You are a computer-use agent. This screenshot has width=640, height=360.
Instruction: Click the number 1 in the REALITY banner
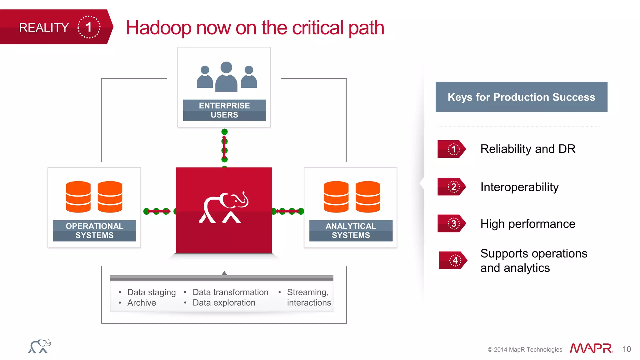tap(89, 27)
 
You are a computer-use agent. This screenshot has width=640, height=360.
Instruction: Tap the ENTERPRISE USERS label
tap(224, 110)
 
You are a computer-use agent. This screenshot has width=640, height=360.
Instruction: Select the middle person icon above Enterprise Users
tap(226, 77)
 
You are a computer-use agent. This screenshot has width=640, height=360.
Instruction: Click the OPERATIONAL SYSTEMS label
tap(94, 231)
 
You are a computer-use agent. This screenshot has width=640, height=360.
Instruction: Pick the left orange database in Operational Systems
tap(78, 197)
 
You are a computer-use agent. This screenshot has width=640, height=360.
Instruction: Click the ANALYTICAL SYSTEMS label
tap(351, 231)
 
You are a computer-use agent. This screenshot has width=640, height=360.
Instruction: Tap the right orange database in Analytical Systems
tap(368, 197)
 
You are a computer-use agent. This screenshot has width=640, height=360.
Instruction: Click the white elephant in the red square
tap(224, 208)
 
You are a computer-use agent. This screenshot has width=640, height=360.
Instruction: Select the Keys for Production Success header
tap(521, 97)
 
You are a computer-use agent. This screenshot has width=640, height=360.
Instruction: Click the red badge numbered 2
tap(452, 187)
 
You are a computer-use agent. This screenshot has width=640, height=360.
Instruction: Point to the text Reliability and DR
tap(527, 149)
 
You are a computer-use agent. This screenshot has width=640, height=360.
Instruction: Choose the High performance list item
tap(527, 224)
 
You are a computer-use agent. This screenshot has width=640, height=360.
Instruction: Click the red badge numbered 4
tap(453, 260)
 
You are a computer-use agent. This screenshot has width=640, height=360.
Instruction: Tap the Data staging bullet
tap(151, 292)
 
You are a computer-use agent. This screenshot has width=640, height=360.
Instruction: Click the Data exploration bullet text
tap(224, 303)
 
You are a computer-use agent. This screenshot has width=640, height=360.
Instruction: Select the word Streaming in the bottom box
tap(307, 292)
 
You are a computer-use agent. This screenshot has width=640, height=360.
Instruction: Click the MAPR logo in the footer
tap(591, 348)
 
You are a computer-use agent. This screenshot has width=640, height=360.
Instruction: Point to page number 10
tap(626, 349)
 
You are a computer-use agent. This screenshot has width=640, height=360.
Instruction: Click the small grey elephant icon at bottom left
tap(40, 346)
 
